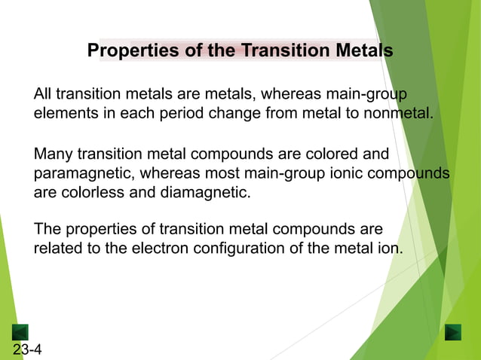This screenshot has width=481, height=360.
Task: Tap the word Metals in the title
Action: tap(361, 51)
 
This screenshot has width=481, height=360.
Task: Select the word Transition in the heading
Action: tap(281, 51)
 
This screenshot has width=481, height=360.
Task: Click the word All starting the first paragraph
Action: tap(43, 94)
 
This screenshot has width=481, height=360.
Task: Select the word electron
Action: tap(164, 248)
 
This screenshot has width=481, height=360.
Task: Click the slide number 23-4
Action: tap(27, 349)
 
